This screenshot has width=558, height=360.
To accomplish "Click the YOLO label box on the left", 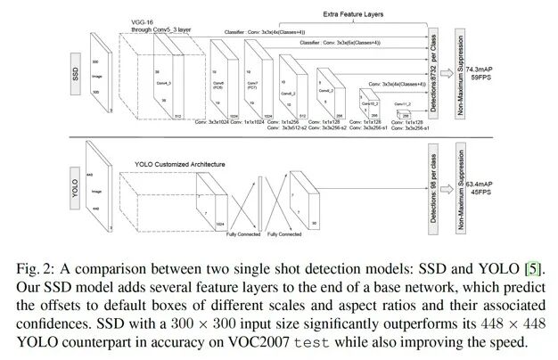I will point(76,190).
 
